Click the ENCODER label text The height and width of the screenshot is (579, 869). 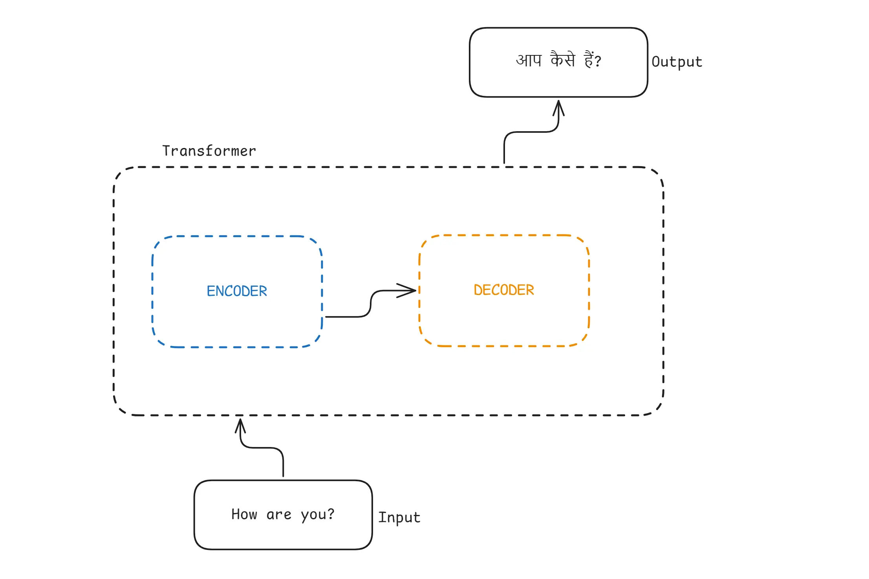[237, 291]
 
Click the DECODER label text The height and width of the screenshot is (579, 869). [504, 290]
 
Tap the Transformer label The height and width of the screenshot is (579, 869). [209, 151]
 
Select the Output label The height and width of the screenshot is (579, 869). [677, 62]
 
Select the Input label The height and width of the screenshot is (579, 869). [399, 517]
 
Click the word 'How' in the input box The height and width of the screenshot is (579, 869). [244, 514]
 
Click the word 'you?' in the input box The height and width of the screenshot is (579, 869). [317, 515]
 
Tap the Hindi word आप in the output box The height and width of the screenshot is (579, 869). [529, 60]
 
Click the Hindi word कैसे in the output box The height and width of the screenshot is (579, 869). [563, 59]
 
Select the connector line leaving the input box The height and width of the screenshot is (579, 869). [283, 464]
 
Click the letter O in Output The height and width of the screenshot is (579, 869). [656, 62]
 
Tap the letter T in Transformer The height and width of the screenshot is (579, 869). [166, 151]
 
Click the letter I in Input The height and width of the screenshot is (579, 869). [381, 517]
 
